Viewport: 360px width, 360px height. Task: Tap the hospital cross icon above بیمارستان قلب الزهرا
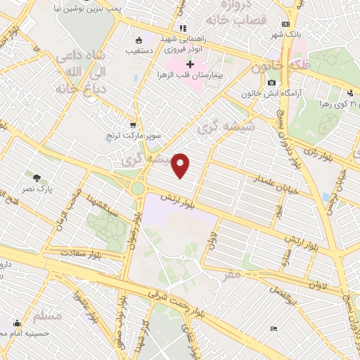click(190, 64)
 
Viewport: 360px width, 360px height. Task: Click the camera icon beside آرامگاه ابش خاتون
click(271, 83)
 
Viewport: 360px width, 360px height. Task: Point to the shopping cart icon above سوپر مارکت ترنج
click(131, 122)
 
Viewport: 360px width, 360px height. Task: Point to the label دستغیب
click(139, 51)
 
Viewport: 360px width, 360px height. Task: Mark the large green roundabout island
click(138, 188)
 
